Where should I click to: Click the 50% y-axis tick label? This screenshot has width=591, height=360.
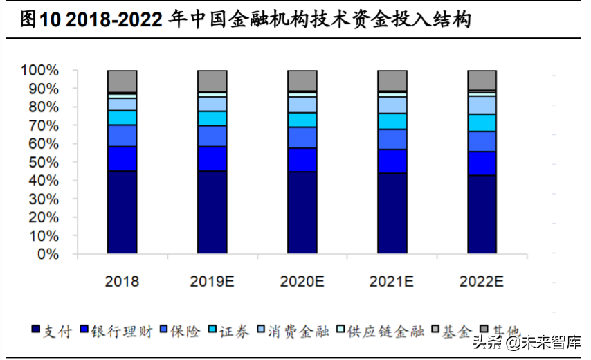click(x=44, y=163)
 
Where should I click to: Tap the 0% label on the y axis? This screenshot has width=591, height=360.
click(x=48, y=255)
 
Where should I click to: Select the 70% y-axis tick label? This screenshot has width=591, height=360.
click(x=44, y=126)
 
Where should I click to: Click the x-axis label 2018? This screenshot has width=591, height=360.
click(x=122, y=282)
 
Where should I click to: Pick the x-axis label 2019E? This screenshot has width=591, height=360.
click(x=212, y=282)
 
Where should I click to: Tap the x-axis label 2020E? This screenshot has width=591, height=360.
click(x=302, y=282)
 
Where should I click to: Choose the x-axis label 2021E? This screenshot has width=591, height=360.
click(x=392, y=282)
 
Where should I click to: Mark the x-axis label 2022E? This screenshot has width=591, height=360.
click(x=482, y=282)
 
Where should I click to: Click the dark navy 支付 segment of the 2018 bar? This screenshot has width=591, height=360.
click(x=122, y=212)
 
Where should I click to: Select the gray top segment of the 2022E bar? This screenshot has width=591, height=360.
click(x=482, y=80)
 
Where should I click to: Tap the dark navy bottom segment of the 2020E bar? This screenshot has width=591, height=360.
click(x=302, y=213)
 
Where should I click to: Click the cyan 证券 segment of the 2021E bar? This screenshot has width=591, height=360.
click(x=392, y=121)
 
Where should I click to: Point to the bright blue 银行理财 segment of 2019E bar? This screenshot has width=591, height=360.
click(x=212, y=159)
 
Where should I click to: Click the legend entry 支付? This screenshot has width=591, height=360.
click(x=52, y=331)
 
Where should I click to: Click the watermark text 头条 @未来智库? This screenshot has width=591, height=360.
click(x=527, y=342)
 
